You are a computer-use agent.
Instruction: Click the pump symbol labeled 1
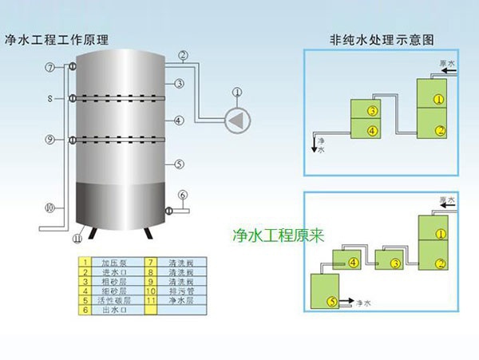tap(236, 120)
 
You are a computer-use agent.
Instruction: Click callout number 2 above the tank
tap(183, 55)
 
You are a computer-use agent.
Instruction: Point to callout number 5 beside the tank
tap(180, 164)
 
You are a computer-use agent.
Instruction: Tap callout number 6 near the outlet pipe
tap(182, 195)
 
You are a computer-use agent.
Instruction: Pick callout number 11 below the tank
tap(77, 237)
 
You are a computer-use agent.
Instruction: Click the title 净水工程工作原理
tap(57, 39)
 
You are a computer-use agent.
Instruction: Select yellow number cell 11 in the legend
tap(151, 300)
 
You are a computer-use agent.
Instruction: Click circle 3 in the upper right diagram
tap(371, 109)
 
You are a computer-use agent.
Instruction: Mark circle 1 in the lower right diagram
tap(438, 235)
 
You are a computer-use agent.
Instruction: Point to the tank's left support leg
tap(93, 232)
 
